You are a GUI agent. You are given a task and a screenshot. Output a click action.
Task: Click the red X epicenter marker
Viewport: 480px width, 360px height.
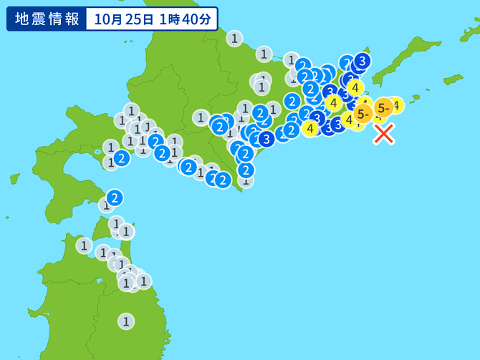tap(384, 134)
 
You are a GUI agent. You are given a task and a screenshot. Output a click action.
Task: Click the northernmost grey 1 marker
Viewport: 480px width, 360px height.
tap(234, 39)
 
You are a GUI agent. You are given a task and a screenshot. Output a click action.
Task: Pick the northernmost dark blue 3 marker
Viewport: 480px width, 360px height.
tap(362, 61)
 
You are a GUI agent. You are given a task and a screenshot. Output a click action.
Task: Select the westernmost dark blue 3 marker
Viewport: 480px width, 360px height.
tap(267, 139)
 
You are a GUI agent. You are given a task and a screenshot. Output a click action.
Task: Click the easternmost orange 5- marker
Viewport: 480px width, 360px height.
tap(383, 107)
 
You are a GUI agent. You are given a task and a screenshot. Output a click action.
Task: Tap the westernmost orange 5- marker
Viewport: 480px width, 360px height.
tap(363, 114)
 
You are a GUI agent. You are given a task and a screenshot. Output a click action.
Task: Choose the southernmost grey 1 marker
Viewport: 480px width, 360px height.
tap(126, 321)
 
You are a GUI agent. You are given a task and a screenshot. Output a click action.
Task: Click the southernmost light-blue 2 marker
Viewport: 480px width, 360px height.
tap(115, 198)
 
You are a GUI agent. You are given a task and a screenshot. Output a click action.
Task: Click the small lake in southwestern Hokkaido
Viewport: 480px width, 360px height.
tap(97, 152)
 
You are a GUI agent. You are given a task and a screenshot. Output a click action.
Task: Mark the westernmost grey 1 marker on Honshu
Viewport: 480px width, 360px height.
tap(85, 246)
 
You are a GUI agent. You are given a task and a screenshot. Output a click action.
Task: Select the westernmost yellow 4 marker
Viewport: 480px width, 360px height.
tap(309, 128)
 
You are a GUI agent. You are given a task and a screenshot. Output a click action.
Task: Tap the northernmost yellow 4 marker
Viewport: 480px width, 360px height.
tap(355, 88)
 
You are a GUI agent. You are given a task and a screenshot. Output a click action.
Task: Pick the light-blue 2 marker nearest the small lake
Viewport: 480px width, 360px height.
tap(122, 158)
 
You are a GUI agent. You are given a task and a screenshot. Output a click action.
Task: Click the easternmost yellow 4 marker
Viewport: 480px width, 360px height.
tap(395, 105)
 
